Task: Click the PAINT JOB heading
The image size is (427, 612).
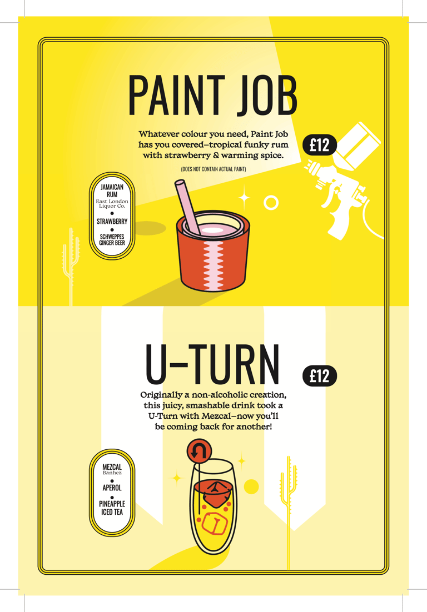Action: tap(213, 96)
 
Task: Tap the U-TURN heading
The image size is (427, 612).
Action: tap(213, 364)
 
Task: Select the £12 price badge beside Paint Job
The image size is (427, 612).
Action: tap(320, 145)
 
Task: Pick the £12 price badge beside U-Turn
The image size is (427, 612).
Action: tap(320, 377)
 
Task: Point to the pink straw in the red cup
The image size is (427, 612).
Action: tap(187, 207)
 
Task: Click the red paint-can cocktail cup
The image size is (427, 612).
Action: tap(213, 250)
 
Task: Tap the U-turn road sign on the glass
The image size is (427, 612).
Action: tap(199, 452)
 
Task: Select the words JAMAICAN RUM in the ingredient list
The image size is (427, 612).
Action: tap(112, 190)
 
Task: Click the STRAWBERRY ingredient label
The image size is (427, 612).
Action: tap(112, 221)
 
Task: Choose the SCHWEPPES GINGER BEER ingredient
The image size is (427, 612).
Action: tap(112, 240)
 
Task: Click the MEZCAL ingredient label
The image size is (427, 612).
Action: tap(112, 467)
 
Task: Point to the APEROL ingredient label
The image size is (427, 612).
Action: tap(112, 488)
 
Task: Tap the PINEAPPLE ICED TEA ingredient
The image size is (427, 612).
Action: tap(112, 508)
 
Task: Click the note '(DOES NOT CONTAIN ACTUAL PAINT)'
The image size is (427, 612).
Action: tap(213, 169)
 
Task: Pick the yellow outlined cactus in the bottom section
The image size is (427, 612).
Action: tap(289, 508)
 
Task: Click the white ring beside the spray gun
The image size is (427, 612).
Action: tap(271, 203)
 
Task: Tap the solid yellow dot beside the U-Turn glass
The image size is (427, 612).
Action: tap(251, 486)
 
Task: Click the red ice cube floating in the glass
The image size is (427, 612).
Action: tap(213, 493)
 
